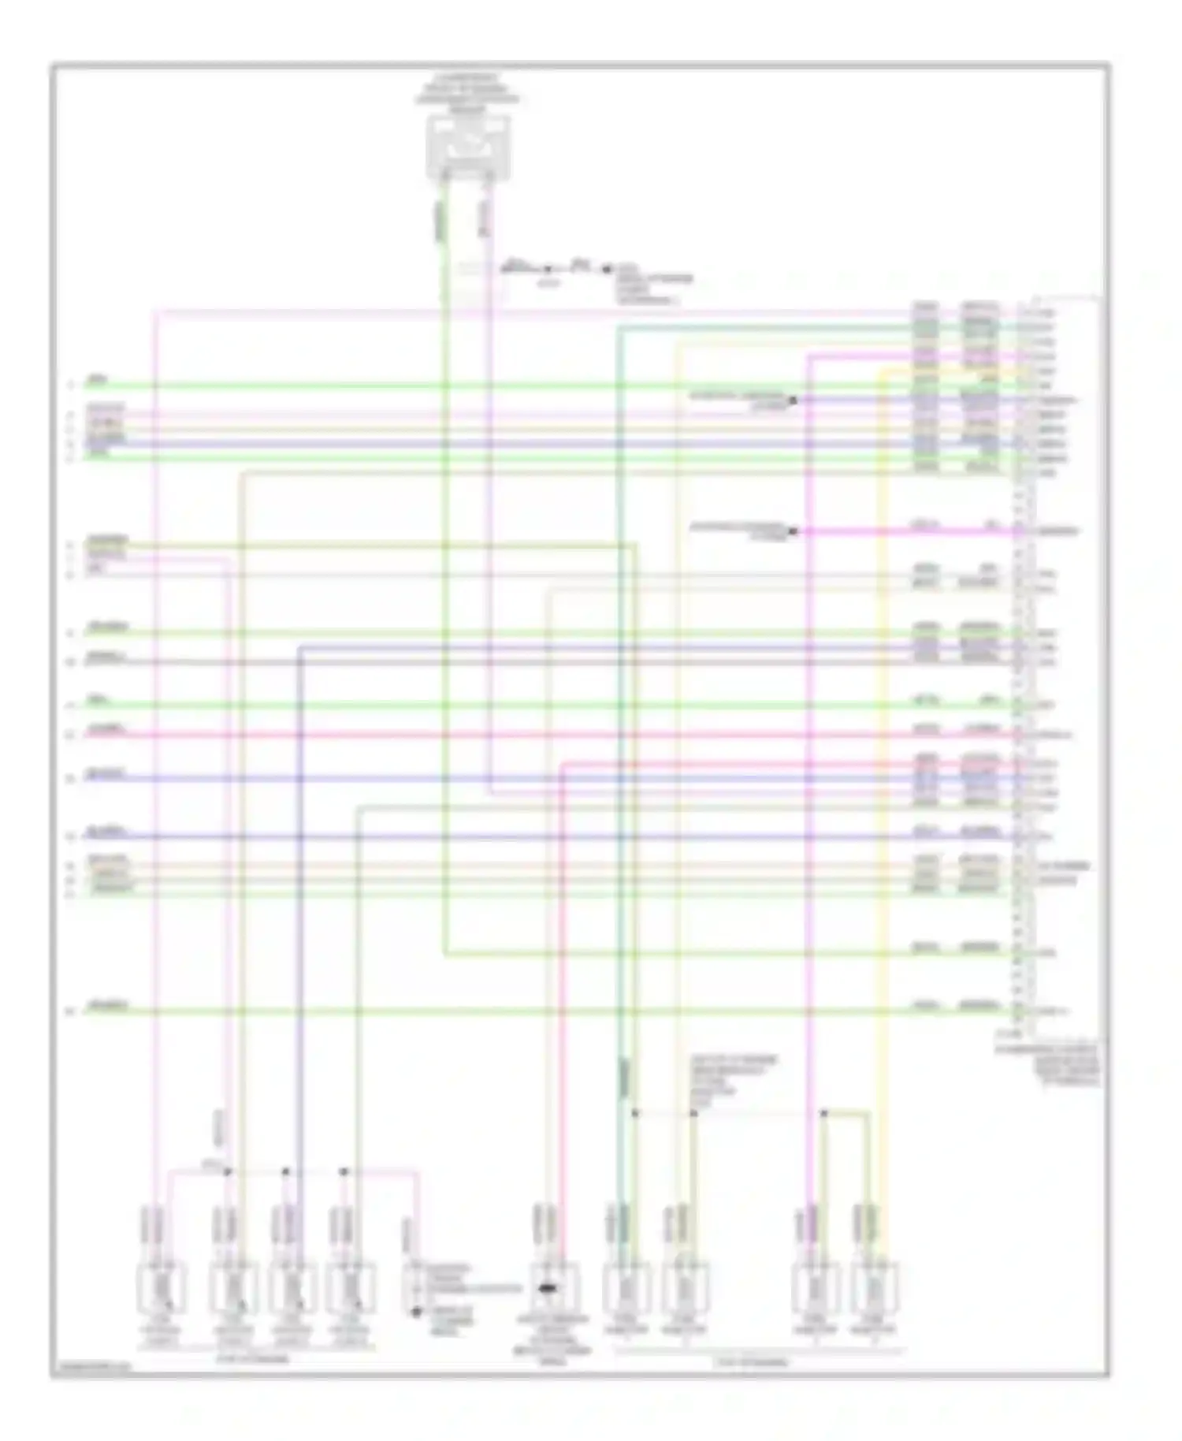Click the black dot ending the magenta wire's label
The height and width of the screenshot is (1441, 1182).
793,532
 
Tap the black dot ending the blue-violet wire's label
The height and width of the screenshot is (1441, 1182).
793,400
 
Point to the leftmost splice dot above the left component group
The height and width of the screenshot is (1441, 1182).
228,1171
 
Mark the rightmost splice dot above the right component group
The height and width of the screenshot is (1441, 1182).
823,1113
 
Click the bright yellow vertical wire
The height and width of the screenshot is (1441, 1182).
881,788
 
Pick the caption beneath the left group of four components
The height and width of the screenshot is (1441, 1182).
252,1359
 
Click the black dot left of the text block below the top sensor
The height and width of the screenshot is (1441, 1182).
607,270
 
